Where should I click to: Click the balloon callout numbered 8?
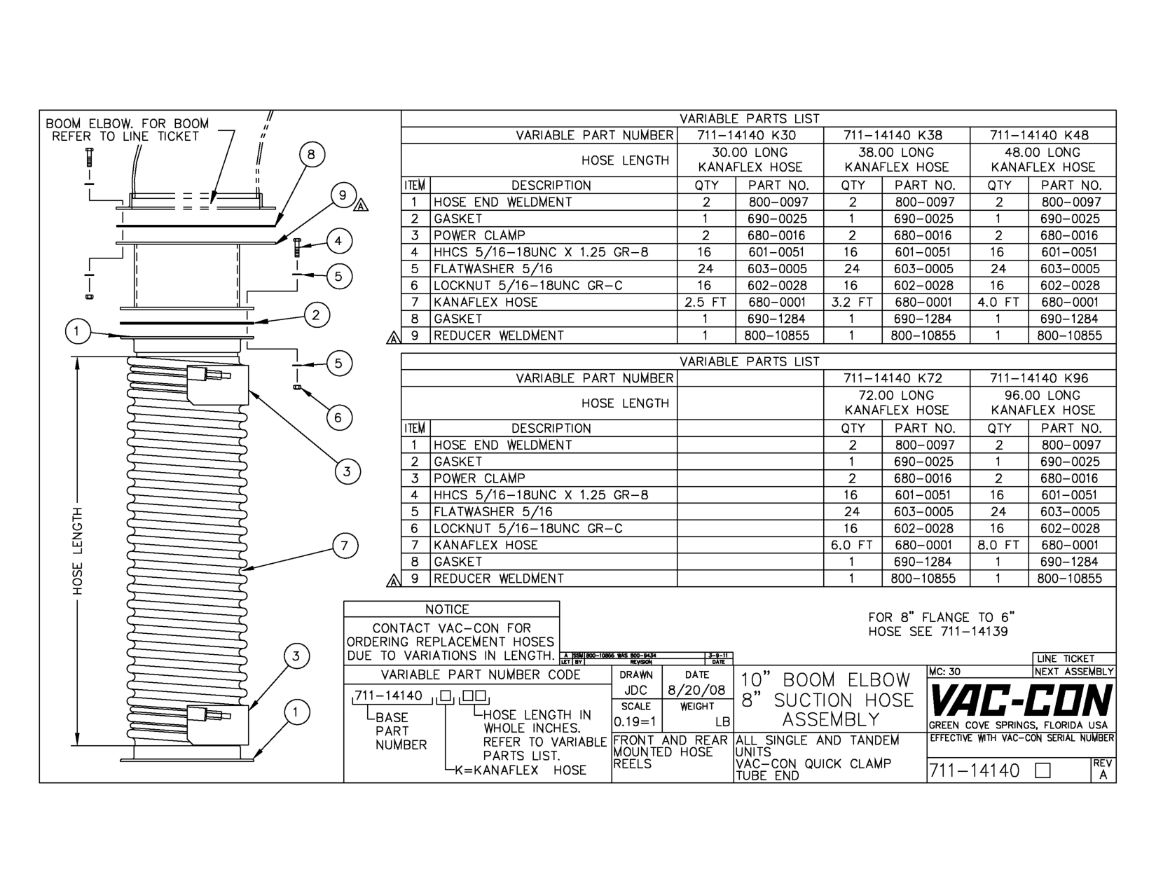point(312,155)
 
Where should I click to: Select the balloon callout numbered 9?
point(343,195)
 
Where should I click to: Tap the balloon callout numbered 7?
point(345,546)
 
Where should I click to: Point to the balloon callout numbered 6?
point(338,418)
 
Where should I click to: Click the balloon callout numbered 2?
point(316,314)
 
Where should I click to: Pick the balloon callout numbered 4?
point(338,242)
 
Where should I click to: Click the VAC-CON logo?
point(1020,700)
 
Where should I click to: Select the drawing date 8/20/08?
point(697,690)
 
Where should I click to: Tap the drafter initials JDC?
point(635,690)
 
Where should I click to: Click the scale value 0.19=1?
point(635,721)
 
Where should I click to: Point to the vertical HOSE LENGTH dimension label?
point(77,551)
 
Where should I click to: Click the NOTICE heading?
point(447,609)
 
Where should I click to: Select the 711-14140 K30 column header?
point(750,135)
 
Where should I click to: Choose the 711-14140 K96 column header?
point(1043,378)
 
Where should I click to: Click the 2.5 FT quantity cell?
point(706,303)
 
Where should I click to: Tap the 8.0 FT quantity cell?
point(998,545)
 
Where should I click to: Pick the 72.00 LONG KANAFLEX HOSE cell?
point(897,403)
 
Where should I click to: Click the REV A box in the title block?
point(1103,770)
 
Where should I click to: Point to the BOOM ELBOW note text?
point(127,130)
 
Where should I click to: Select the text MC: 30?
point(946,672)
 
